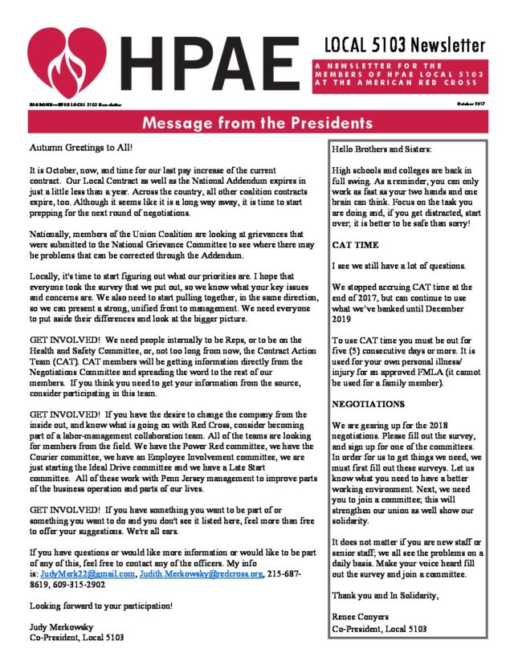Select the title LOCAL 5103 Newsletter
[x=405, y=44]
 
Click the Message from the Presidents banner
[x=257, y=123]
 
